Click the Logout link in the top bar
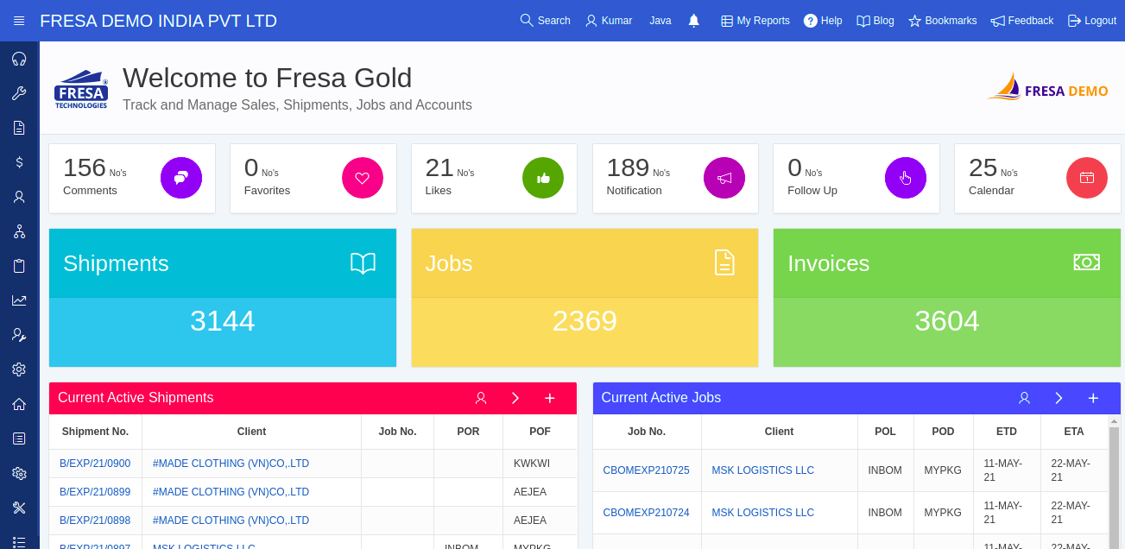click(1092, 21)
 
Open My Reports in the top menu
click(755, 21)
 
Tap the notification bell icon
click(693, 21)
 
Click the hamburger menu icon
click(19, 21)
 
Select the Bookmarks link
click(943, 21)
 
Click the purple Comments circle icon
click(181, 178)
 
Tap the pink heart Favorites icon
click(363, 178)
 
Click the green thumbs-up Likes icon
click(543, 178)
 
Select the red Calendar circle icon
click(1087, 178)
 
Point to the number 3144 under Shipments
click(223, 321)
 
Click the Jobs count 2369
click(585, 321)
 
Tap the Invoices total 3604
click(947, 321)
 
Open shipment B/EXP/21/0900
click(95, 464)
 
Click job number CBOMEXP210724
click(647, 513)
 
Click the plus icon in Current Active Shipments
click(549, 398)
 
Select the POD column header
click(943, 432)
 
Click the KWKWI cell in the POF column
click(532, 464)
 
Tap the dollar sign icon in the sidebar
click(19, 161)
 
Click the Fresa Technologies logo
click(81, 90)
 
